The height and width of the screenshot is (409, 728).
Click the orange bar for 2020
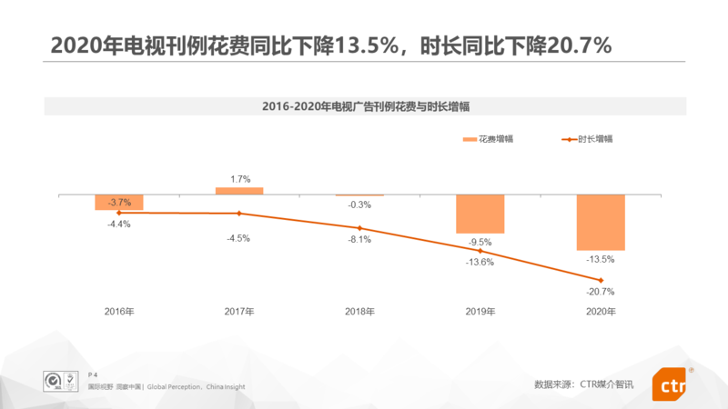pos(601,222)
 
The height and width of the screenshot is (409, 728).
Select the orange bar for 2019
pos(480,214)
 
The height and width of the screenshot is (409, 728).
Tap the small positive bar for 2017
pos(239,191)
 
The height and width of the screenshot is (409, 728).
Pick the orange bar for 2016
pos(119,202)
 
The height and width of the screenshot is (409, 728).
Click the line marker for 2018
pos(359,228)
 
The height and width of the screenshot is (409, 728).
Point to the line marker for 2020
pos(601,279)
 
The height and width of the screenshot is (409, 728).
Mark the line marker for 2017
pos(239,214)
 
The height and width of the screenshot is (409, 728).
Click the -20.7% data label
pos(601,292)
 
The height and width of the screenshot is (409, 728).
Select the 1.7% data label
pos(240,179)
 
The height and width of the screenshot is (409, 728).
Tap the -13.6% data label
pos(480,262)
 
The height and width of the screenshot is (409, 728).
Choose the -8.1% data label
pos(359,240)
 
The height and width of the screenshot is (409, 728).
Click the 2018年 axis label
pos(359,312)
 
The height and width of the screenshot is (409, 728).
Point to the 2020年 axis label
pos(601,312)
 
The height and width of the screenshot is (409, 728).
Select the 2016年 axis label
pos(119,312)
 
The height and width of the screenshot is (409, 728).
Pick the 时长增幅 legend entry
pos(595,139)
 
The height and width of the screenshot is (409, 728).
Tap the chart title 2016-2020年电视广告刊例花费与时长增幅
pos(364,106)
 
